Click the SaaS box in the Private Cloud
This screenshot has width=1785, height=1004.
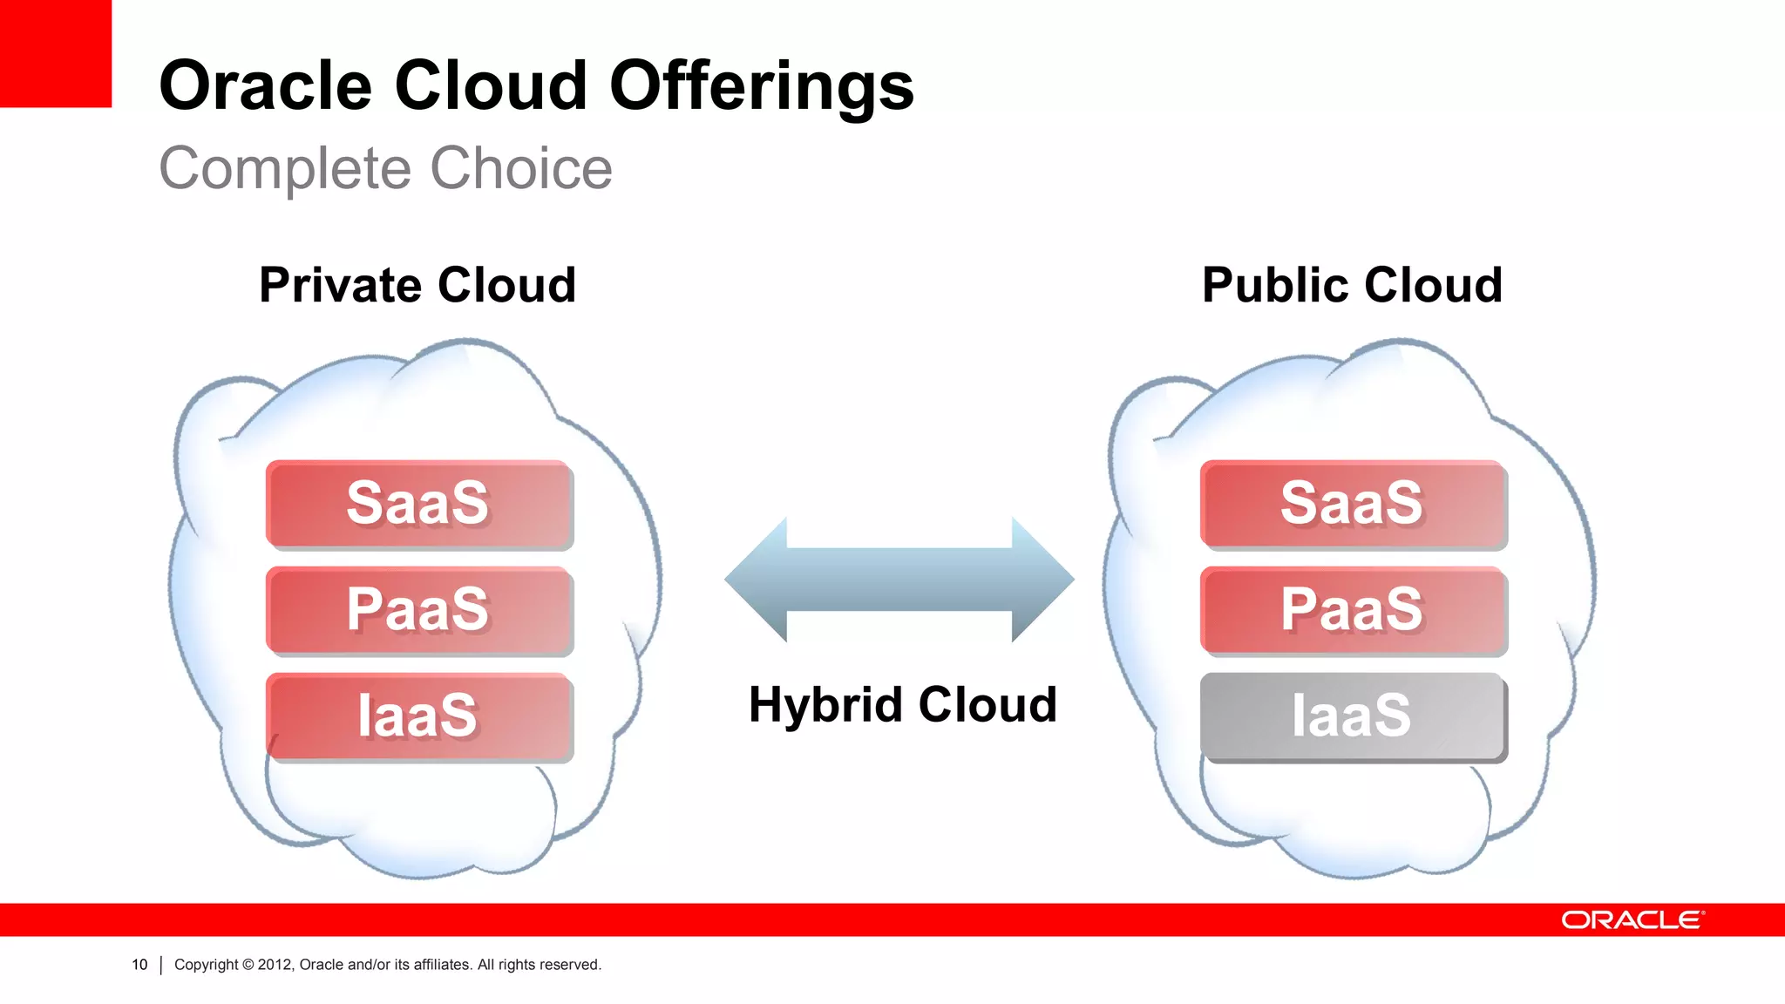419,504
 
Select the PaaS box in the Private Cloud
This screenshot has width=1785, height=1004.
419,610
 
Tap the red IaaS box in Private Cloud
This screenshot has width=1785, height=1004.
419,716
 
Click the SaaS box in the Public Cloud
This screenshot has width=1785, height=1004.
1353,504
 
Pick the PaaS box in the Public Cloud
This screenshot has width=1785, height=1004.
1353,610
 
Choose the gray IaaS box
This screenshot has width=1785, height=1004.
1353,716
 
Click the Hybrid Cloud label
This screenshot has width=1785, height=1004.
903,704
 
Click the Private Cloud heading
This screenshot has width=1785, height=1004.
417,285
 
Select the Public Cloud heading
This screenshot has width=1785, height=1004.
1352,285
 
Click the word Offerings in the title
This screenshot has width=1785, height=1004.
761,87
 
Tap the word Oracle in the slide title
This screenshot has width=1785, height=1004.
265,87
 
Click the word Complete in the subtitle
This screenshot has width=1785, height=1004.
284,168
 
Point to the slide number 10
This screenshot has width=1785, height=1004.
139,965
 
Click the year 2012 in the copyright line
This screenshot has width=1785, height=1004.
275,965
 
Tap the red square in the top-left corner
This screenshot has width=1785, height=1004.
55,52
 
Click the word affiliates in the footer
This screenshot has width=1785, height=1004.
442,965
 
